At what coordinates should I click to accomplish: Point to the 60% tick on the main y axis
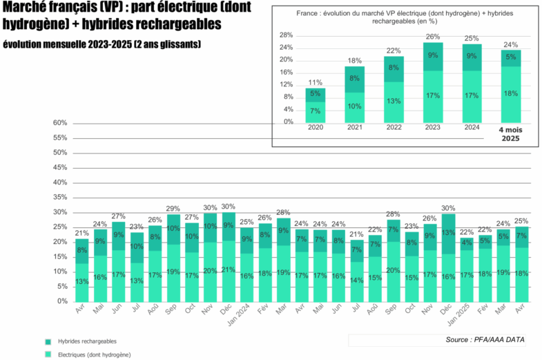click(x=59, y=123)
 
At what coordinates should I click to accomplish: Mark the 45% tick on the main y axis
click(x=59, y=168)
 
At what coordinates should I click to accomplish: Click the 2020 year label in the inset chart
click(x=315, y=128)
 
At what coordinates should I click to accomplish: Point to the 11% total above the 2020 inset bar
click(x=315, y=82)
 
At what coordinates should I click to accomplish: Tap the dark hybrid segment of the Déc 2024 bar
click(x=448, y=233)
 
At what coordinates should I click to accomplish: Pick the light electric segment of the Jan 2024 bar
click(x=247, y=276)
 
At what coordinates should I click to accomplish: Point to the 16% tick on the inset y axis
click(x=285, y=72)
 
